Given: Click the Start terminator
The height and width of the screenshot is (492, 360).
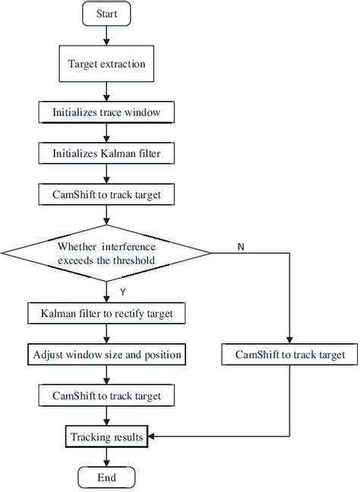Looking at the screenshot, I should click(106, 14).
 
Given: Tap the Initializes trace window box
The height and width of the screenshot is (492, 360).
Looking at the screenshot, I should click(106, 112).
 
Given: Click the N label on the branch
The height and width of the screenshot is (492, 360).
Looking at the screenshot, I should click(240, 248).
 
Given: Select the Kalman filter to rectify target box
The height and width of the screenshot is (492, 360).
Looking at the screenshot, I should click(106, 312).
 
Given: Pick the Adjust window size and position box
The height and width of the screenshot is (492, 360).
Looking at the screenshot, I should click(106, 355).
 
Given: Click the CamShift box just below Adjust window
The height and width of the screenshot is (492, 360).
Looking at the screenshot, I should click(106, 396).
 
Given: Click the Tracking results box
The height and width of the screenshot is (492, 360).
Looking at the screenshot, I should click(106, 437).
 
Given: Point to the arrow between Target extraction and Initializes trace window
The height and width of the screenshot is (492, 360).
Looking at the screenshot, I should click(106, 91).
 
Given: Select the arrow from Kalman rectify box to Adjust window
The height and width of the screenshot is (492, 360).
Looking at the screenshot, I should click(106, 333).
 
